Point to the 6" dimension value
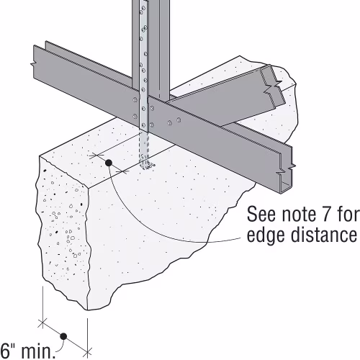(9, 351)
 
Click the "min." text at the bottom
(38, 351)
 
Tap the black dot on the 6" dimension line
(63, 336)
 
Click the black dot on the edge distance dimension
(109, 163)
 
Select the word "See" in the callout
(261, 214)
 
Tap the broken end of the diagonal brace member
(274, 86)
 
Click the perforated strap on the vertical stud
(143, 67)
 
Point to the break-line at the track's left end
(33, 63)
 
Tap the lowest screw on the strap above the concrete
(144, 125)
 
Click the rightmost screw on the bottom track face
(179, 120)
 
